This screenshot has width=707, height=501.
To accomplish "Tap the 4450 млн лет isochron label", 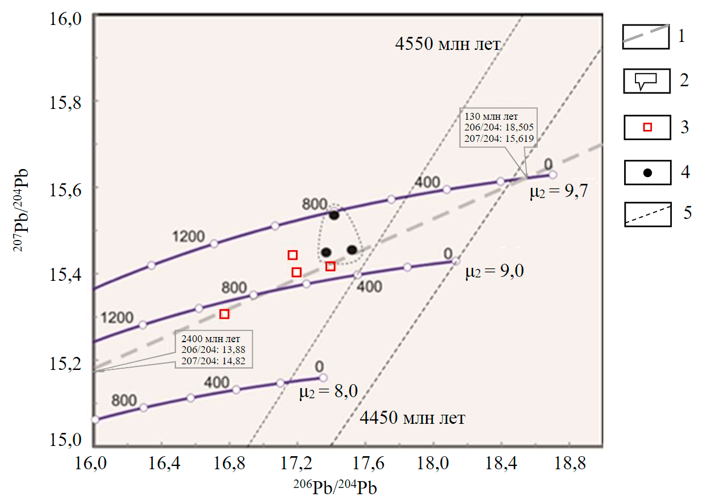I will pyautogui.click(x=413, y=419).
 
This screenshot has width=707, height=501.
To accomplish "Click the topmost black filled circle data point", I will pyautogui.click(x=334, y=215).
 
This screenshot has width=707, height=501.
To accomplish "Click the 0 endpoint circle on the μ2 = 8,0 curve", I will pyautogui.click(x=323, y=377).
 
